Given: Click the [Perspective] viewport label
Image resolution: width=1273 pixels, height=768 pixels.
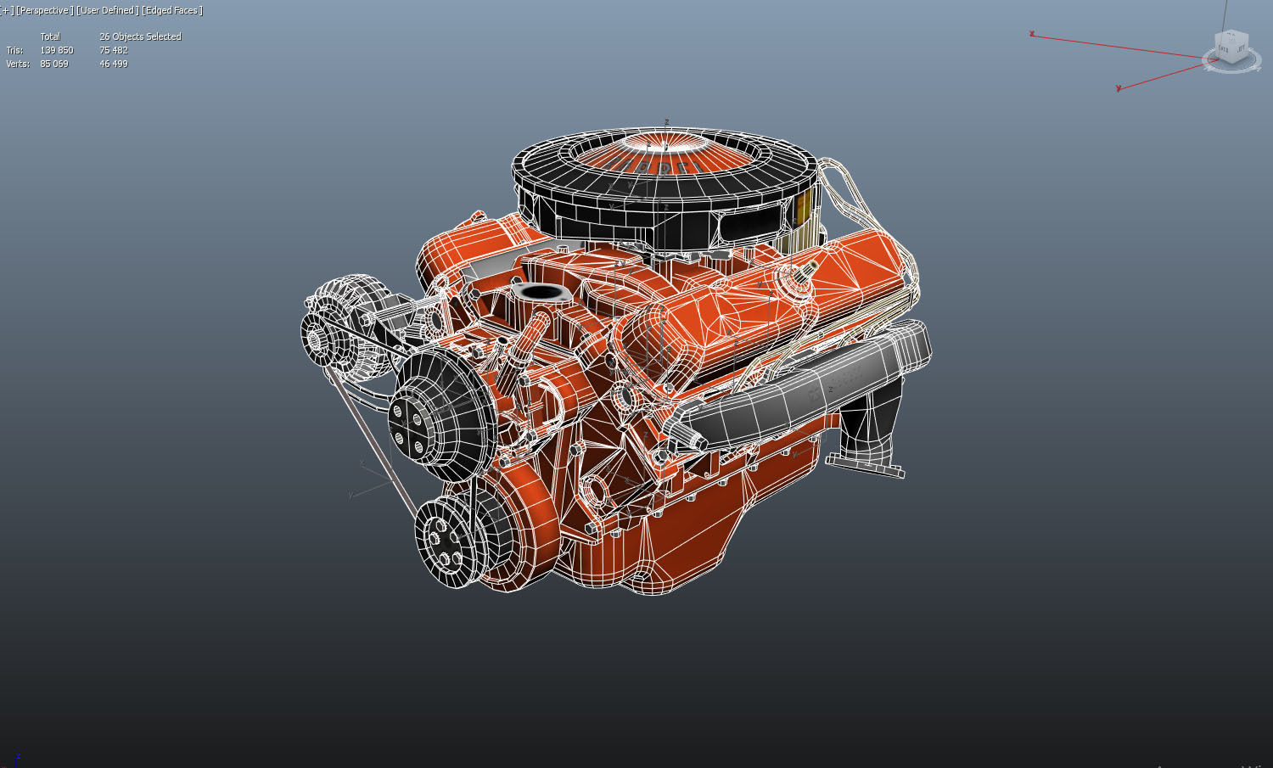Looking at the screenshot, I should coord(44,10).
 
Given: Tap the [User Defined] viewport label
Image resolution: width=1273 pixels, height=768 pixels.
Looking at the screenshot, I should coord(107,10).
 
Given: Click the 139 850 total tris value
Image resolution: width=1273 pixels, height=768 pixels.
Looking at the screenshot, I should coord(57,50).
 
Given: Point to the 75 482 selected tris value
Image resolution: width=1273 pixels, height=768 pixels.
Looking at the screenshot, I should coord(114,50).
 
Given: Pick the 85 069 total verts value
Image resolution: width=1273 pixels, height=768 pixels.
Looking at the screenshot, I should coord(54,64).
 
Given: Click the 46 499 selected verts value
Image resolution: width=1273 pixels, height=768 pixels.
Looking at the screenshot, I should coord(114,64).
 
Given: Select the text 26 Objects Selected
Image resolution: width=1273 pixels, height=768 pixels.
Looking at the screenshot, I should coord(140,36).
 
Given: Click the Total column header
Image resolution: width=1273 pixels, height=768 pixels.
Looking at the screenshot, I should coord(50,36).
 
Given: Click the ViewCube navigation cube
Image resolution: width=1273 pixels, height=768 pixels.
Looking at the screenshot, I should coord(1231,48).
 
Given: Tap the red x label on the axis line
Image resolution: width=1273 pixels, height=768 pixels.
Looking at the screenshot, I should coord(1032,34).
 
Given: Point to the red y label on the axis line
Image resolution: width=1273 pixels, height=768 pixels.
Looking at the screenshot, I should coord(1119,88).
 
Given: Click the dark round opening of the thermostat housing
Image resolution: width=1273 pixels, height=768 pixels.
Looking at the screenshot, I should coord(537,293).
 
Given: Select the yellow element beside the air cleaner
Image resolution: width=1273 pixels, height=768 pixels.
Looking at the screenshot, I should coord(802,208).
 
